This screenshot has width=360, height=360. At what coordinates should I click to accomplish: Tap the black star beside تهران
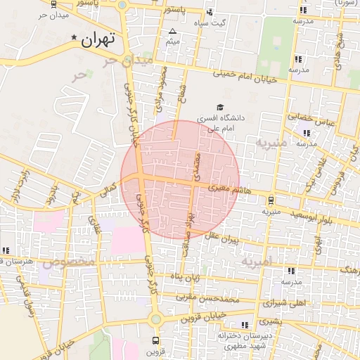75,37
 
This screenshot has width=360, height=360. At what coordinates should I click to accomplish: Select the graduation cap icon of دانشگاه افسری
220,107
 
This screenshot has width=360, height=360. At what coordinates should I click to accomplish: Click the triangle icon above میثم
173,31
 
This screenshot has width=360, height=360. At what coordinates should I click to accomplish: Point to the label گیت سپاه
212,22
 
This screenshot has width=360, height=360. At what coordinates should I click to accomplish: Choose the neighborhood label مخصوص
70,262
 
